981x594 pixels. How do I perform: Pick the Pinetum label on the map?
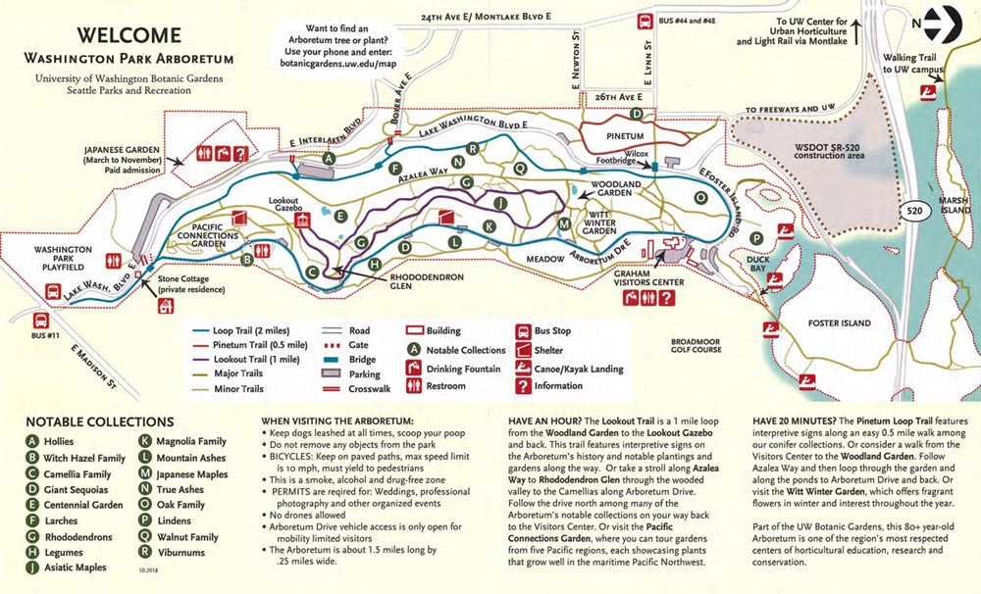624,135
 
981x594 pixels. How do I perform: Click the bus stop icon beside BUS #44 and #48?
646,22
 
